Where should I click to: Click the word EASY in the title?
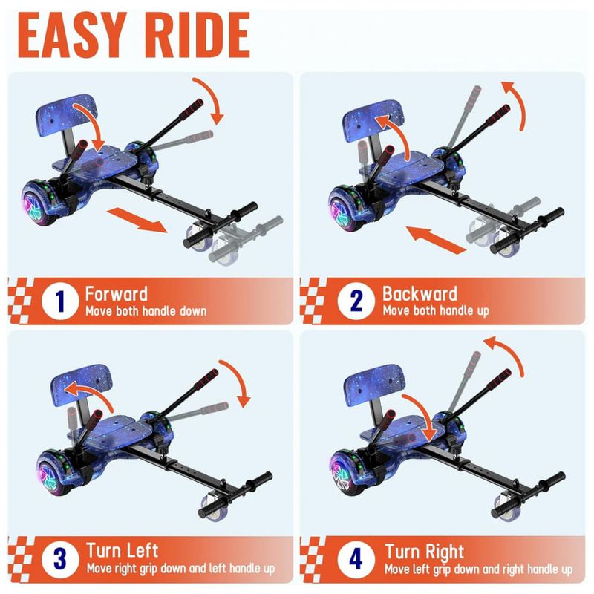[72, 35]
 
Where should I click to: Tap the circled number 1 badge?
[60, 301]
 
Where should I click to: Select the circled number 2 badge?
[356, 301]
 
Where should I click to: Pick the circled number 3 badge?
[60, 559]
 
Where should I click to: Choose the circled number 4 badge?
[356, 559]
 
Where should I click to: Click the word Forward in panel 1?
[116, 294]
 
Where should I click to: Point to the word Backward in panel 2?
[420, 293]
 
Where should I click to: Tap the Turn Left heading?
[122, 550]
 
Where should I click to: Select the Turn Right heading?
[424, 552]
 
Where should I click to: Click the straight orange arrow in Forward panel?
[137, 220]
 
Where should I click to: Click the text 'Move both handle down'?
[146, 311]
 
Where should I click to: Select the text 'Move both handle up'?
[436, 311]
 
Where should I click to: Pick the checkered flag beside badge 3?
[20, 559]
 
